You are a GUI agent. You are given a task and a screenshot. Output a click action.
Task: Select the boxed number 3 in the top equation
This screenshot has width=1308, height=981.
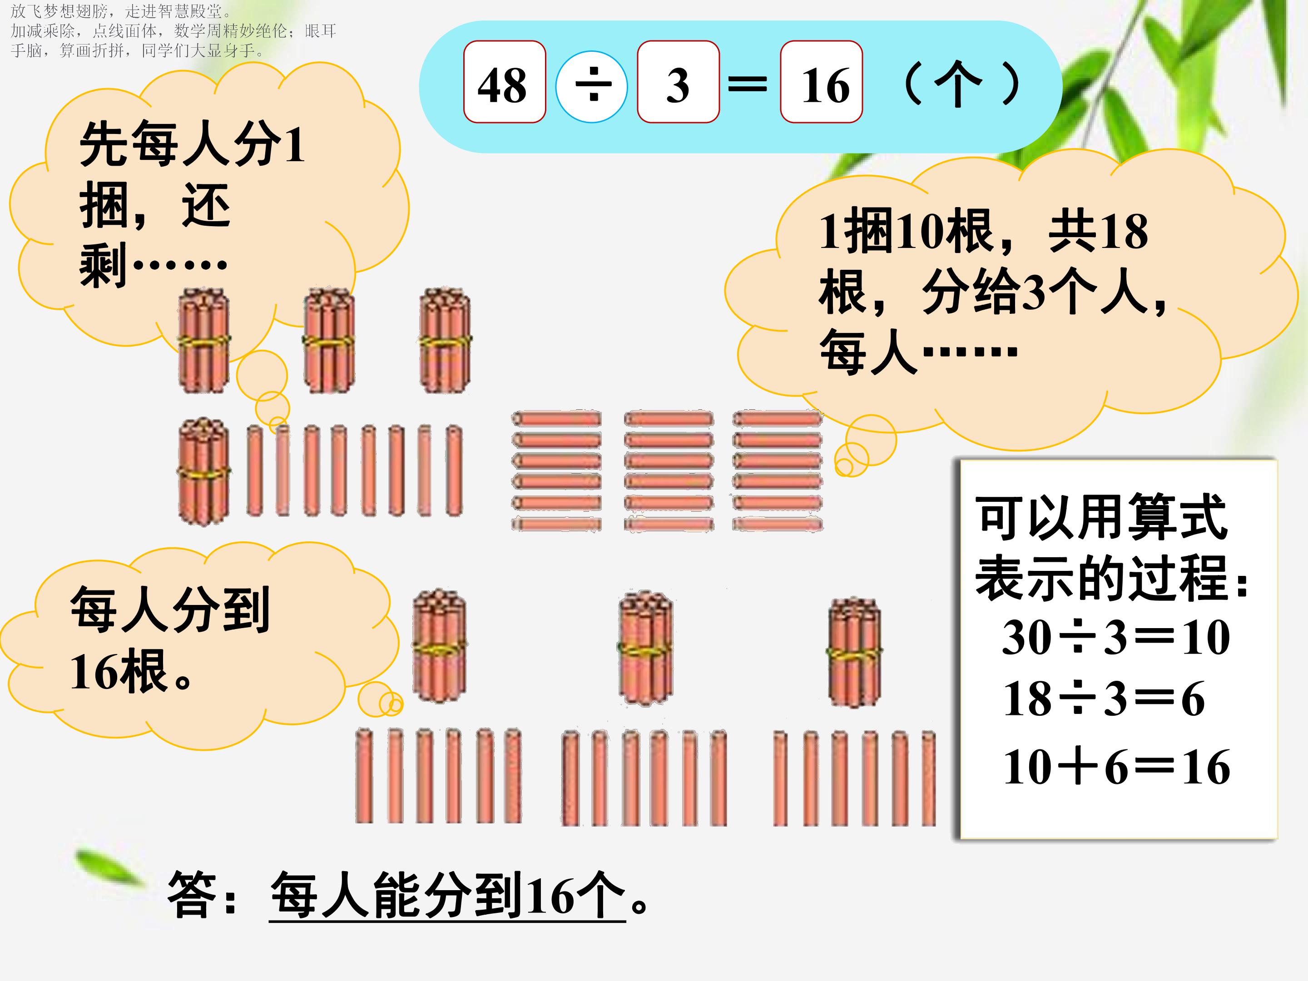click(x=678, y=85)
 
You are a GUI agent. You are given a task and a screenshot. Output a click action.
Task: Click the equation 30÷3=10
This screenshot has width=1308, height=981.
click(x=1116, y=638)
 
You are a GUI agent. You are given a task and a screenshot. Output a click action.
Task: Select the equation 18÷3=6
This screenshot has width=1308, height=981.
click(x=1104, y=699)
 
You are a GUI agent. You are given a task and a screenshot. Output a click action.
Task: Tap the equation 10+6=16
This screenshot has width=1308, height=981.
click(x=1116, y=767)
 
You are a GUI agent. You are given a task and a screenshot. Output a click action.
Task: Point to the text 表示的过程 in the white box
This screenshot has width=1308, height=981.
click(x=1102, y=578)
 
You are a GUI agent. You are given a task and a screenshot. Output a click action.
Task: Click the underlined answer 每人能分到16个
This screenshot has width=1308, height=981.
click(x=448, y=895)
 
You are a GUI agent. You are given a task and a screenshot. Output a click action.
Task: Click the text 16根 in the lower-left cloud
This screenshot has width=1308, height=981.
click(x=118, y=672)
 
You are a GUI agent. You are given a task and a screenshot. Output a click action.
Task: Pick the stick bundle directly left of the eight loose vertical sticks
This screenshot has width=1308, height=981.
click(x=203, y=471)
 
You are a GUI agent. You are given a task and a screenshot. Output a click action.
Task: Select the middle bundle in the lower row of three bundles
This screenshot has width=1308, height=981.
click(x=646, y=648)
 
